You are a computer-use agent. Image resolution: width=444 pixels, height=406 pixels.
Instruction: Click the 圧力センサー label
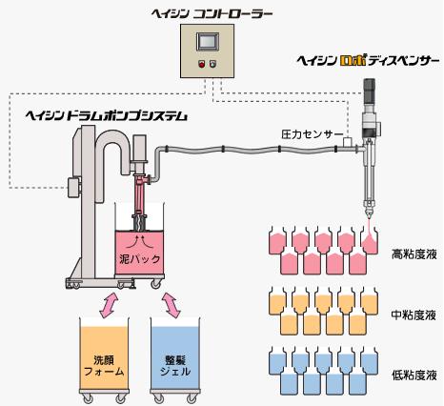[312, 134]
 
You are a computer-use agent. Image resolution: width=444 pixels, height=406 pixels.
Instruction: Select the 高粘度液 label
[414, 254]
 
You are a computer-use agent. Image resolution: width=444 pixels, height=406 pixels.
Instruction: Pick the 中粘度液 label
[414, 314]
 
